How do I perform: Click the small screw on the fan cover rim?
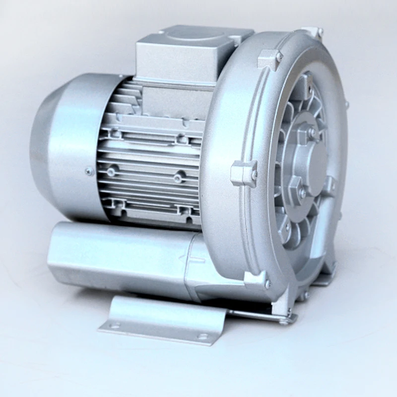pos(89,172)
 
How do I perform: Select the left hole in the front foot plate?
pos(116,326)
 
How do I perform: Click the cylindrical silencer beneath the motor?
pos(124,253)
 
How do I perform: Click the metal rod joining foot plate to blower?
pos(258,315)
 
